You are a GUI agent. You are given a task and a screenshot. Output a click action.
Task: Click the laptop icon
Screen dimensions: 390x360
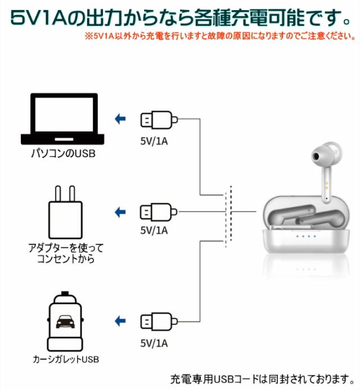point(62,120)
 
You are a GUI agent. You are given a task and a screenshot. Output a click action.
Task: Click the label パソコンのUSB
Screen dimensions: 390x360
point(62,152)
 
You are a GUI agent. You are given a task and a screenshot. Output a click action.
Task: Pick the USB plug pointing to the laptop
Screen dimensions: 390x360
point(158,120)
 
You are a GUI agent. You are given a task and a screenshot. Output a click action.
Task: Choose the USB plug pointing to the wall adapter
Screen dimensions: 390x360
point(158,212)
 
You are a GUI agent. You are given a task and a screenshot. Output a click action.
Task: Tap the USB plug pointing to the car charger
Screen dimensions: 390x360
point(158,322)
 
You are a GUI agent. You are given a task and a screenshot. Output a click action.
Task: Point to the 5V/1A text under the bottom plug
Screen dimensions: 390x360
point(154,342)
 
